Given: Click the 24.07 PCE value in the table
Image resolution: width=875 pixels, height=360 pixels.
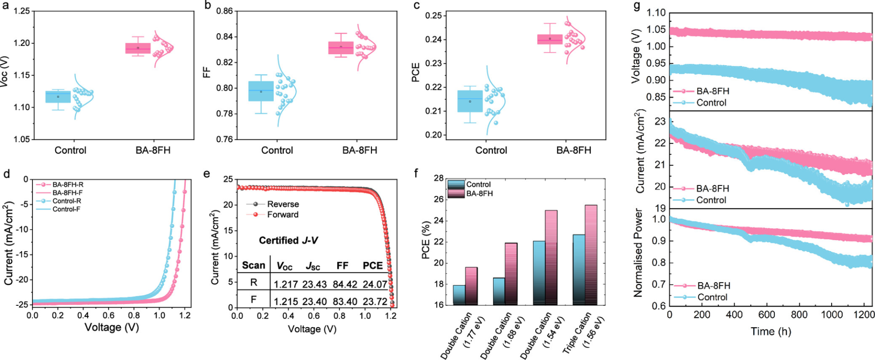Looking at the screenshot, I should point(375,284).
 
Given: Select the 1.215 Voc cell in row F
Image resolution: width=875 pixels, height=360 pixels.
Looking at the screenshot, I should point(286,301).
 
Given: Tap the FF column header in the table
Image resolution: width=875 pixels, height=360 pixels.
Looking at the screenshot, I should point(342,266).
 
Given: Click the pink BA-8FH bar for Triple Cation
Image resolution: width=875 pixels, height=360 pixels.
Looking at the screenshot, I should point(591,255).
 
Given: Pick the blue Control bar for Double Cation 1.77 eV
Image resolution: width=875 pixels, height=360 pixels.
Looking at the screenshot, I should point(459,295).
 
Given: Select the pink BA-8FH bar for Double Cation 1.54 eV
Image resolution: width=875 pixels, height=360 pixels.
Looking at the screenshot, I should point(551,257).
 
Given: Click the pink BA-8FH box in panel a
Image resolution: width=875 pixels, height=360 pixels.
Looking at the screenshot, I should point(138,48).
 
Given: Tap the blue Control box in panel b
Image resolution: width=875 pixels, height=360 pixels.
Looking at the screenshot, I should point(261,91).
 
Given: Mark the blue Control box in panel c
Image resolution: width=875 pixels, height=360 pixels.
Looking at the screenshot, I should point(470,101).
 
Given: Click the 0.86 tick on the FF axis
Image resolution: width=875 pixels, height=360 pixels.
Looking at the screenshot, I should point(225,11).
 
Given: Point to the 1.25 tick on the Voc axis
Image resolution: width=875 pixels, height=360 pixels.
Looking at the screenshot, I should point(21,11).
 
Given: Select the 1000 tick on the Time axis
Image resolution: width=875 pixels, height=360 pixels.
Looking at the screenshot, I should point(832,314).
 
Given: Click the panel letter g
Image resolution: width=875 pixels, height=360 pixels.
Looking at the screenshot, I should point(637,6).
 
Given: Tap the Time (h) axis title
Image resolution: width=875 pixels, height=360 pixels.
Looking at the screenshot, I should point(771,331).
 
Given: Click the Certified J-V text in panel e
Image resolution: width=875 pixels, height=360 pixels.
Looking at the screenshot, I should point(288,240).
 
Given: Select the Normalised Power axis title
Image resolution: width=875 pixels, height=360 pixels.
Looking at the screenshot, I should point(638,253).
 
